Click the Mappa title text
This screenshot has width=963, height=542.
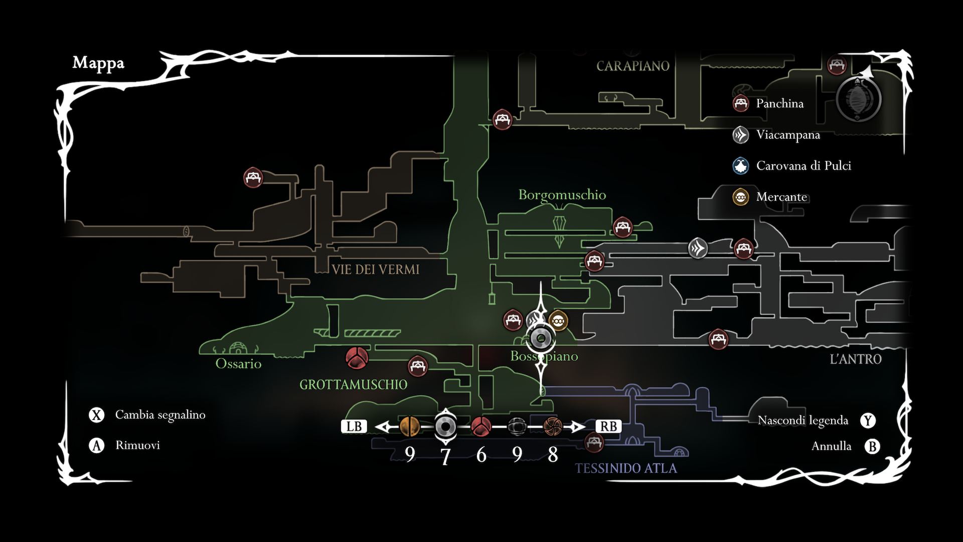click(x=98, y=63)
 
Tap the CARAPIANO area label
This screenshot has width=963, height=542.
click(x=633, y=66)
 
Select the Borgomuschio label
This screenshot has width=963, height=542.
click(x=562, y=195)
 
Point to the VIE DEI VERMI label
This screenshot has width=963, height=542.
click(x=375, y=269)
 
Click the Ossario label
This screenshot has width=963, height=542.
click(x=238, y=364)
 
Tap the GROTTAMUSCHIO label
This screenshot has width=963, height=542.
click(x=353, y=385)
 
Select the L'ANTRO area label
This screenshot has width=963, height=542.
click(x=856, y=359)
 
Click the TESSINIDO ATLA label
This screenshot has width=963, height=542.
click(x=626, y=469)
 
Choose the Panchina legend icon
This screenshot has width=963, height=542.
click(x=741, y=103)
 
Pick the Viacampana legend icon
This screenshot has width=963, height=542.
click(x=741, y=134)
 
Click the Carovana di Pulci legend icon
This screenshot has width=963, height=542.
click(x=741, y=166)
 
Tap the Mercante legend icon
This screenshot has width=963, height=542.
click(x=741, y=197)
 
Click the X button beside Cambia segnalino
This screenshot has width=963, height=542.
click(x=96, y=415)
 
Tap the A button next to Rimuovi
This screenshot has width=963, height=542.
click(x=96, y=446)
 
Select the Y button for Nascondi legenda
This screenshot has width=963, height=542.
click(x=868, y=421)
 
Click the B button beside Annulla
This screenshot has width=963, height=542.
click(x=873, y=446)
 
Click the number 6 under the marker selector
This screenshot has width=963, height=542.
click(x=481, y=455)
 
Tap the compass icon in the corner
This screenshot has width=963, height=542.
click(x=859, y=98)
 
